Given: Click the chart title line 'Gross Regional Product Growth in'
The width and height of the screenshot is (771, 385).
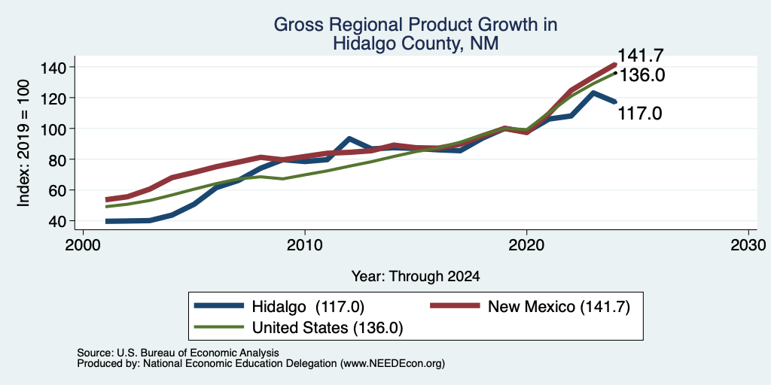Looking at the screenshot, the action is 416,25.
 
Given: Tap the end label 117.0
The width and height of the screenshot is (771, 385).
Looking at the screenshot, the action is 640,114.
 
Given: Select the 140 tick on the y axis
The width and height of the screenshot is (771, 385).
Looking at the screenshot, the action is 53,67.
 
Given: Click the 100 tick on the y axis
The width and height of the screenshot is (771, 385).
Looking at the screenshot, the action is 53,129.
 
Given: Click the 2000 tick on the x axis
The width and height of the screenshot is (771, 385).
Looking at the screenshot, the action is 83,246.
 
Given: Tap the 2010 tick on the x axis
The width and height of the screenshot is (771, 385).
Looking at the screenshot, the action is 305,246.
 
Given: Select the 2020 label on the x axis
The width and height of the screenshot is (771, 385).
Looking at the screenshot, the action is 526,246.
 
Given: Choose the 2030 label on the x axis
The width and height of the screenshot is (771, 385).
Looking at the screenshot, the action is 748,246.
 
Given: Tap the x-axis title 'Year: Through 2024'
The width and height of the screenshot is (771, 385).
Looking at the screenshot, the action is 416,277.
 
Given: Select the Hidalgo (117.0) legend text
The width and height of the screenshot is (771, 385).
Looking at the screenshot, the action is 308,307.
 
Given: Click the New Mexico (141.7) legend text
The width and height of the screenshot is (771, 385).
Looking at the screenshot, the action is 559,307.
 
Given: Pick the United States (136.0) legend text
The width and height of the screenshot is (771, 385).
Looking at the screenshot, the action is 328,328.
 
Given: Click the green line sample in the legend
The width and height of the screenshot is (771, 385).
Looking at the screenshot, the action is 219,326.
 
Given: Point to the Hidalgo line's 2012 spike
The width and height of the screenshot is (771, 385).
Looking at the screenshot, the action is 349,139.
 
